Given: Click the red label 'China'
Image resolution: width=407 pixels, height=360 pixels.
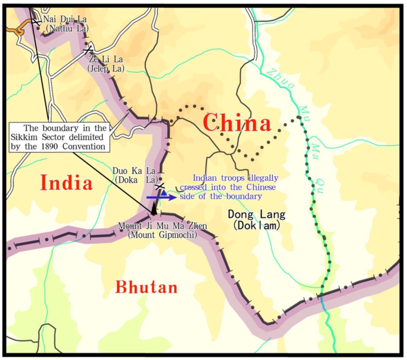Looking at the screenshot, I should tap(236, 124).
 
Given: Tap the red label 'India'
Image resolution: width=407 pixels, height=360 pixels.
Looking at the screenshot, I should tap(66, 182).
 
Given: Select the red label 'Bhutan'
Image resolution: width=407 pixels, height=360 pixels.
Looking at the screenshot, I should tap(146, 287).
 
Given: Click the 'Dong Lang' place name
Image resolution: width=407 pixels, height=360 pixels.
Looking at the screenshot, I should tap(257, 215).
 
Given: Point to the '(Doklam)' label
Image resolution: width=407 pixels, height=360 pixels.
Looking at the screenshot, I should tap(257, 226).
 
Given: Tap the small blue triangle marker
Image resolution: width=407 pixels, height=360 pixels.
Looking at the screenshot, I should tap(163, 192).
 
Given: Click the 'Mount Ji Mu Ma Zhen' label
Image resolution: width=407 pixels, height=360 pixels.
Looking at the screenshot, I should tap(162, 226).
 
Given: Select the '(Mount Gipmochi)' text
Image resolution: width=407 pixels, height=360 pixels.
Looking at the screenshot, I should tap(162, 235).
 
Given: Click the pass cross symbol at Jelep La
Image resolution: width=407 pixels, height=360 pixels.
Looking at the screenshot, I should tap(88, 50).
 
